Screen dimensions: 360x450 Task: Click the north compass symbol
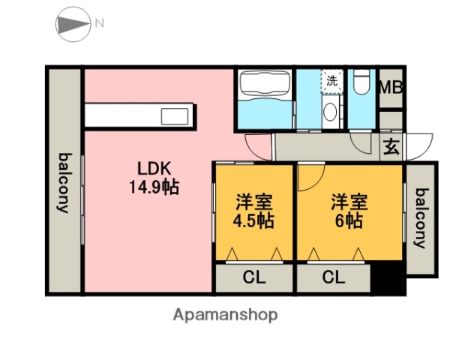73,24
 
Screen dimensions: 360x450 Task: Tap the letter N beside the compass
99,23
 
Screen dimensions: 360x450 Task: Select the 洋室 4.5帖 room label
254,211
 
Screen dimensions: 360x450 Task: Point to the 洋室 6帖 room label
349,211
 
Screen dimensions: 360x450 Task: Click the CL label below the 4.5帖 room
253,277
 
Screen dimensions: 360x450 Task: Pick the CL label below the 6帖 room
334,277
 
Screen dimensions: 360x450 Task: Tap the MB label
390,87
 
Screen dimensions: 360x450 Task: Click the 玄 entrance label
391,146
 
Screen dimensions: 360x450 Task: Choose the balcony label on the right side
421,217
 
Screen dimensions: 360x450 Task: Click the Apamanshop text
225,315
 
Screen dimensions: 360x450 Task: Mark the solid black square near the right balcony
388,279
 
